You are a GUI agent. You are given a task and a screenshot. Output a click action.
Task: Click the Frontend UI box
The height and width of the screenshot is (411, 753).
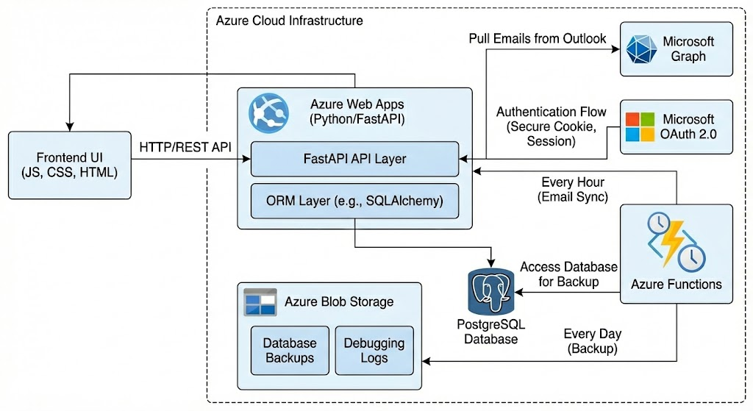tap(70, 165)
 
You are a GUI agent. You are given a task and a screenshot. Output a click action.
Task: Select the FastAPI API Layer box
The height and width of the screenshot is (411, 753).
tap(354, 159)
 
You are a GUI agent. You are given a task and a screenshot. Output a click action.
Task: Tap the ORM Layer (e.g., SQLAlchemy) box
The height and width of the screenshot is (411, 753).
tap(354, 200)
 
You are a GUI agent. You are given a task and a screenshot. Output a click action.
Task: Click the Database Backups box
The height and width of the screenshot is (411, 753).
tap(289, 350)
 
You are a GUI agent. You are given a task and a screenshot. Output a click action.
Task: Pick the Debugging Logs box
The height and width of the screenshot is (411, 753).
tap(374, 350)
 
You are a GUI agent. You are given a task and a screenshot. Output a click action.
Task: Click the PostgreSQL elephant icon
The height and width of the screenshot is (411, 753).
tap(490, 290)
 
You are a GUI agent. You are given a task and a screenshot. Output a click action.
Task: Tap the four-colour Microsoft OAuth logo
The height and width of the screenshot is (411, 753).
tap(639, 126)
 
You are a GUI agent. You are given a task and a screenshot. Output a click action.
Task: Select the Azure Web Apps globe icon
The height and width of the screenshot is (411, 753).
tap(265, 110)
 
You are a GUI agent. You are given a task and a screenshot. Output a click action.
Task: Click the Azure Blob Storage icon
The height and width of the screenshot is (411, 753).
tap(260, 302)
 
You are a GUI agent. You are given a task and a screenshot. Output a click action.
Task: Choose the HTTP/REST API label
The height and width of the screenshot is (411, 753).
tap(185, 147)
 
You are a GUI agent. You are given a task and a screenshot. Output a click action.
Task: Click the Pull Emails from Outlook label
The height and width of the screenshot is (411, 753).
tap(538, 38)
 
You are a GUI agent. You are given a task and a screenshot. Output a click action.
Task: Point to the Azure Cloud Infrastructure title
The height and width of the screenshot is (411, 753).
tap(289, 20)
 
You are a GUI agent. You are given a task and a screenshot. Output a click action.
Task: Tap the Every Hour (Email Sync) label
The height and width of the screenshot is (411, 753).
tap(574, 189)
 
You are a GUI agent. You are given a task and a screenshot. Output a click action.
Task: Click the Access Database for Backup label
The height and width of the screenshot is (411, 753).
tap(568, 274)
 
